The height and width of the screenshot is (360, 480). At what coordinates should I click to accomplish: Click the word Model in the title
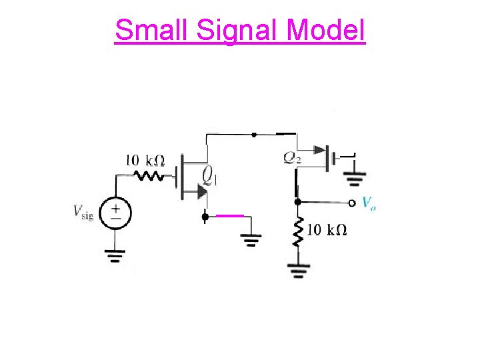pos(326,30)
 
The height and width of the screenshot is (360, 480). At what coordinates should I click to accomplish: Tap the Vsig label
pos(82,213)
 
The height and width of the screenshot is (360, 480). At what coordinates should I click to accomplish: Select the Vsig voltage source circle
pos(116,213)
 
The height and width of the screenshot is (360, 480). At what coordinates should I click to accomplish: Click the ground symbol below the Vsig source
pos(115,256)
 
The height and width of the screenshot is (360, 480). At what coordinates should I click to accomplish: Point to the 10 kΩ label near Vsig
pos(145,161)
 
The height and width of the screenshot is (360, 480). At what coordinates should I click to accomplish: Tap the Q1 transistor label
pos(210,176)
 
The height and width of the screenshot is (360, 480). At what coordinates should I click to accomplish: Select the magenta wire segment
pos(230,215)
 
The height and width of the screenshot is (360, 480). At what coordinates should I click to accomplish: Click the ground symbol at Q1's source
pos(251,240)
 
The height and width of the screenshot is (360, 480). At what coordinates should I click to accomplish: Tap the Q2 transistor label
pos(292,157)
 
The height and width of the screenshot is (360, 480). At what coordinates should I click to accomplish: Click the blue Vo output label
pos(369,203)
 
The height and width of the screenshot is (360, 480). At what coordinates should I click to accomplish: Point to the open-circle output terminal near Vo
pos(353,202)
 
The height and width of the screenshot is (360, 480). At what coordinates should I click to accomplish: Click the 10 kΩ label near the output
pos(327,230)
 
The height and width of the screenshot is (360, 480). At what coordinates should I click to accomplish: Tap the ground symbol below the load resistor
pos(297,271)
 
